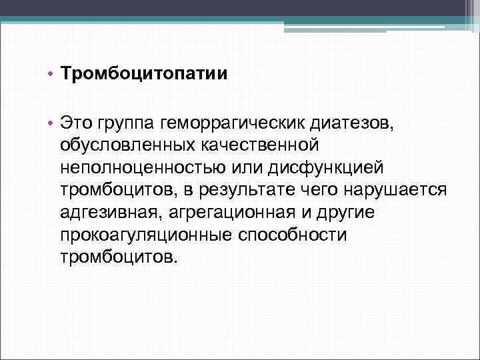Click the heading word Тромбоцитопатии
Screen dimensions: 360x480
[144, 73]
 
